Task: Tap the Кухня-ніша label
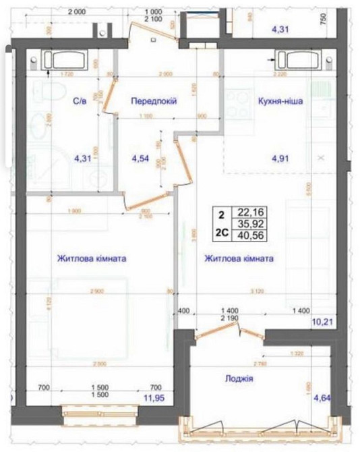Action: [280, 101]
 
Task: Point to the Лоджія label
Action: [239, 379]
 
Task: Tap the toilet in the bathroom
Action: [43, 92]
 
